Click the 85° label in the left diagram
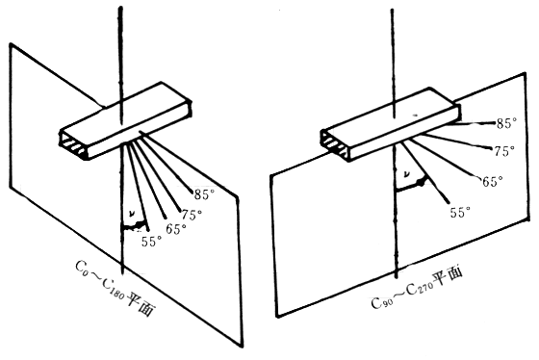204,194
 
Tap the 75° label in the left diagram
192,215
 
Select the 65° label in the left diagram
176,229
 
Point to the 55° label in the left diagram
152,242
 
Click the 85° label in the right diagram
506,123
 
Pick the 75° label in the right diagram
504,151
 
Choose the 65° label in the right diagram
493,181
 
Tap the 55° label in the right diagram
460,212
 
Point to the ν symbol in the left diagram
131,214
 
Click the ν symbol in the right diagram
406,174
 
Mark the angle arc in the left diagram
135,226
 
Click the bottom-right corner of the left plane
242,347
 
